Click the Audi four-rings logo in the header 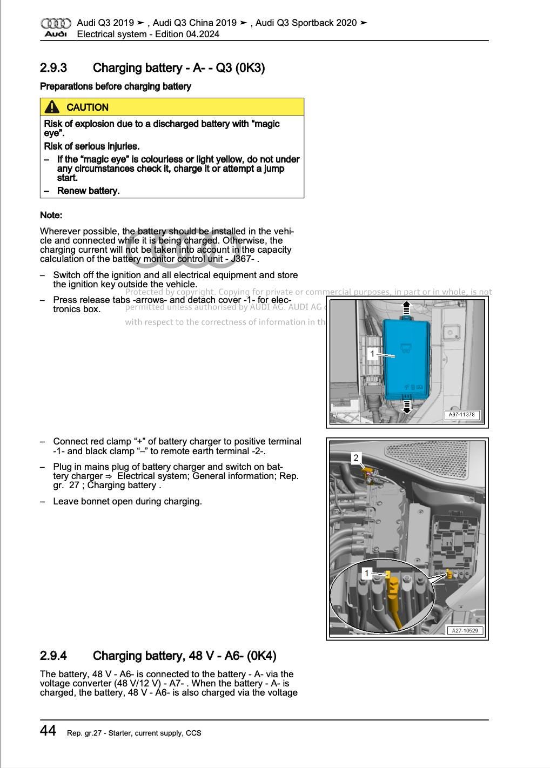click(56, 23)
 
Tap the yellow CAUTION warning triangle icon click(52, 107)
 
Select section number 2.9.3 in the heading click(53, 68)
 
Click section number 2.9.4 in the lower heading click(53, 656)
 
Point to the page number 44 click(48, 731)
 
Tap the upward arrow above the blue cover click(407, 309)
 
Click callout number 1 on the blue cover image click(372, 354)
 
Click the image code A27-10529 click(465, 630)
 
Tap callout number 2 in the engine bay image click(356, 458)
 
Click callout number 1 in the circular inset click(367, 574)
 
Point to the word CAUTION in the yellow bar click(88, 107)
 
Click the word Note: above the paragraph click(51, 215)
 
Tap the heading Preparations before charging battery click(115, 86)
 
